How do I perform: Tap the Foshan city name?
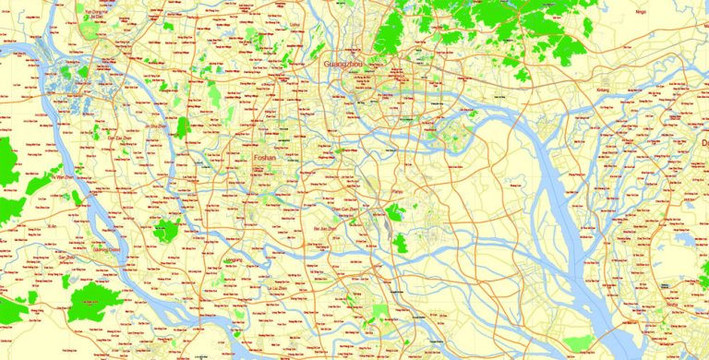(x=269, y=159)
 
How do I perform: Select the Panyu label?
(x=399, y=192)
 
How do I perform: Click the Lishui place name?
(x=295, y=26)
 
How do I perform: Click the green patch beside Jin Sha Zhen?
(x=183, y=126)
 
